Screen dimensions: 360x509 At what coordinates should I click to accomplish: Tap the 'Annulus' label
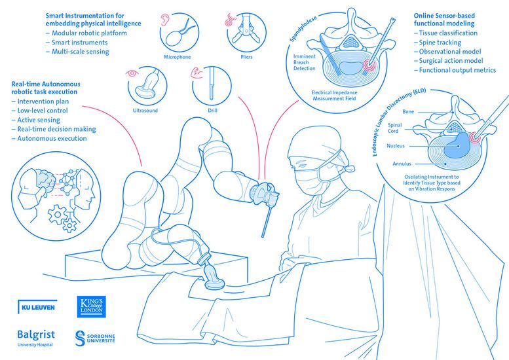pos(402,164)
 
